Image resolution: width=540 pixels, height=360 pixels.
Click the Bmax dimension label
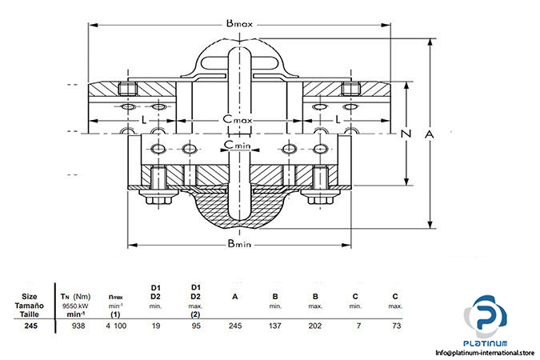pos(239,24)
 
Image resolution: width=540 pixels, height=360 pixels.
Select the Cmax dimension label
pos(238,119)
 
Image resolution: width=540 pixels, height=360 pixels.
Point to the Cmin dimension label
pos(239,145)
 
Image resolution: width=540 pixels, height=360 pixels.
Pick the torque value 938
pos(78,326)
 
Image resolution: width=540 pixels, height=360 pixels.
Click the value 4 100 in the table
pos(116,326)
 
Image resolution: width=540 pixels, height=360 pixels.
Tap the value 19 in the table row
pos(155,326)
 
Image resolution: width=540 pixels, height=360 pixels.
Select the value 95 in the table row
pos(196,326)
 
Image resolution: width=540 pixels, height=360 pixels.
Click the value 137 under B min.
pos(275,326)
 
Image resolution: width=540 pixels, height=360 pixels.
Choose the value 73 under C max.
pos(394,326)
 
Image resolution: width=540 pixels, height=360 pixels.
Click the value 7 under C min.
pos(357,326)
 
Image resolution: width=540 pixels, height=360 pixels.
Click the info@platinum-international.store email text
pos(483,350)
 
